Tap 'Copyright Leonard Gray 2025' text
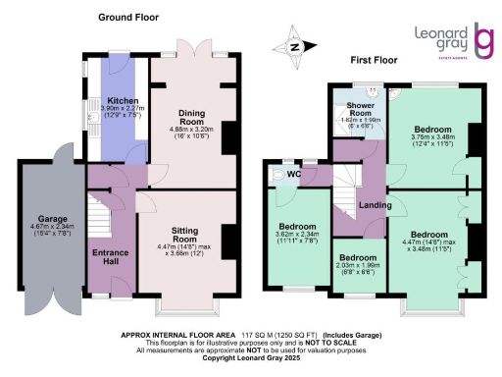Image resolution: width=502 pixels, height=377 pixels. coord(251,356)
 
